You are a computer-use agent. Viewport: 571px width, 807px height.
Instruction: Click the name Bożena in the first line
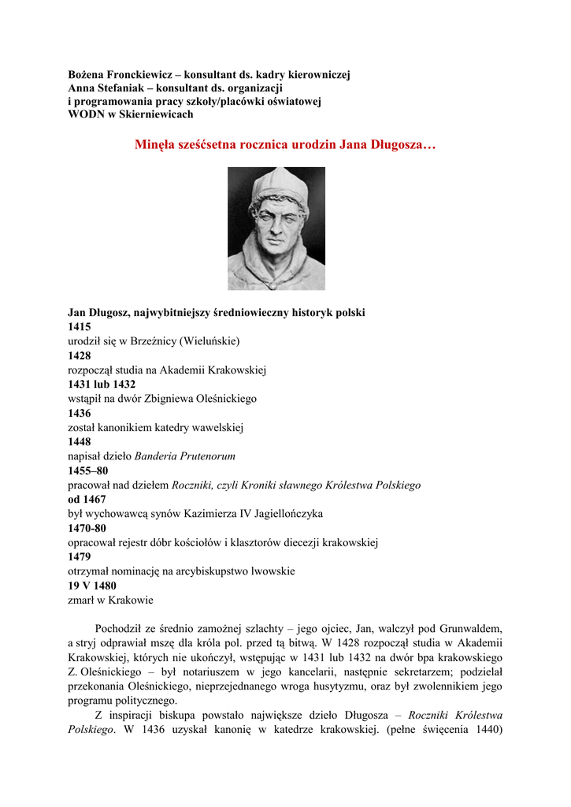coord(87,74)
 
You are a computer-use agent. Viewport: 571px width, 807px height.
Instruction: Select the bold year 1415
coord(80,327)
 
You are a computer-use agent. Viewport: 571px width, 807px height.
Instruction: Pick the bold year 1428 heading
coord(80,355)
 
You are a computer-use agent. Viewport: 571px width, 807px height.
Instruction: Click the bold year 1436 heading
coord(80,413)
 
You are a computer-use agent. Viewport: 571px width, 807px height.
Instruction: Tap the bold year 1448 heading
coord(80,442)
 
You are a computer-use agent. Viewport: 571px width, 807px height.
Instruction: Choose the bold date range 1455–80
coord(88,470)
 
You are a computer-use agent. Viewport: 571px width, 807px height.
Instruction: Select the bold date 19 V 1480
coord(92,586)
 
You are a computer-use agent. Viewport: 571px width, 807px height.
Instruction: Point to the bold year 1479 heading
coord(80,556)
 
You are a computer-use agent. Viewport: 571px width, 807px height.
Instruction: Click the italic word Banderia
coord(158,456)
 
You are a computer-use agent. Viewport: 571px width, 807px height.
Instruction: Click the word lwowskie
coord(273,571)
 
